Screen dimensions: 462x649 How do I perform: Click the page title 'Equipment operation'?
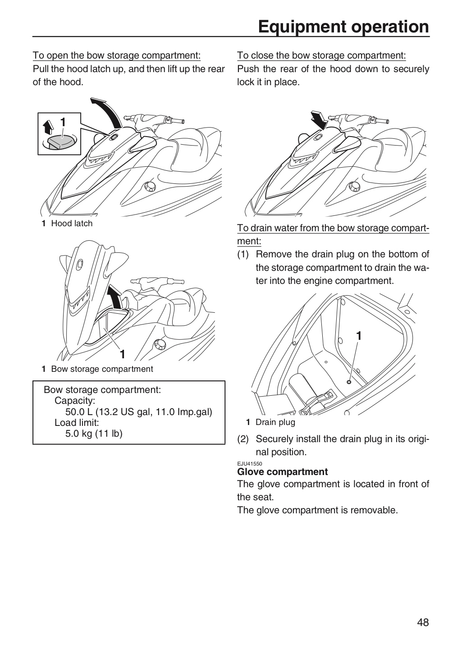pyautogui.click(x=343, y=27)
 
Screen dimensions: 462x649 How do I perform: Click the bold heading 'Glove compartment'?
pyautogui.click(x=282, y=471)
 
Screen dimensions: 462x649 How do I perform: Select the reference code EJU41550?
pyautogui.click(x=250, y=464)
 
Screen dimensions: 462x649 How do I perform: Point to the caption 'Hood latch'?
pyautogui.click(x=72, y=224)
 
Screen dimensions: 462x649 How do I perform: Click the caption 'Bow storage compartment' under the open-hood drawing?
pyautogui.click(x=102, y=369)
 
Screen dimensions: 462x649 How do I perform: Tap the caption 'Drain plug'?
pyautogui.click(x=275, y=422)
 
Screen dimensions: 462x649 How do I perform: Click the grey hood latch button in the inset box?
pyautogui.click(x=62, y=142)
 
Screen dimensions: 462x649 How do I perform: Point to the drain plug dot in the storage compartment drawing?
pyautogui.click(x=349, y=382)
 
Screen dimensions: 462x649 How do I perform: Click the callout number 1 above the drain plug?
pyautogui.click(x=359, y=336)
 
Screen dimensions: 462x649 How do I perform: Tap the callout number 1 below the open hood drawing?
pyautogui.click(x=123, y=354)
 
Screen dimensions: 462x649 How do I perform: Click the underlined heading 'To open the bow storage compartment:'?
pyautogui.click(x=117, y=55)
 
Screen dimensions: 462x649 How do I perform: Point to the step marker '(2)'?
pyautogui.click(x=243, y=439)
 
